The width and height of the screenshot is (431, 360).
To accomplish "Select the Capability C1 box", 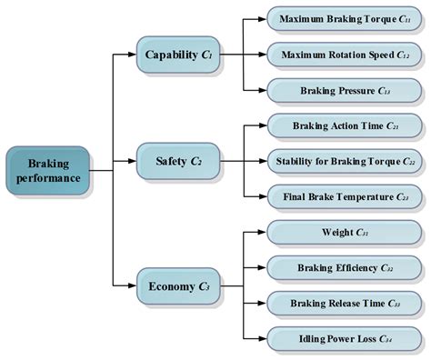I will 177,55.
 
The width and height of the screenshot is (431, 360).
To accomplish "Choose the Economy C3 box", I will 178,286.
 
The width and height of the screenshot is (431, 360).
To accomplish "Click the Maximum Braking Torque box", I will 344,19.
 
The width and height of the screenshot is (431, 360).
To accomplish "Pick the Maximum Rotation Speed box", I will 344,55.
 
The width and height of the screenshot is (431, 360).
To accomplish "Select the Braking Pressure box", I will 344,91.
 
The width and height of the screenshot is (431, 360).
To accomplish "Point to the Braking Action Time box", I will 344,125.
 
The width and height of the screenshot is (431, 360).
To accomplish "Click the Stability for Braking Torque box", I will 344,162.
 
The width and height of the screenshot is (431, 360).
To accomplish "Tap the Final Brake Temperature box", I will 344,197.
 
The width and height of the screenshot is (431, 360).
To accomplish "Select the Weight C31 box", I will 344,233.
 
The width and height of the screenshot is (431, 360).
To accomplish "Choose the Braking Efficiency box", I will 344,268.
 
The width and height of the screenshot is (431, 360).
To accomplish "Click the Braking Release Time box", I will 344,304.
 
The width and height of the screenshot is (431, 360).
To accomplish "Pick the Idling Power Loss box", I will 344,339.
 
